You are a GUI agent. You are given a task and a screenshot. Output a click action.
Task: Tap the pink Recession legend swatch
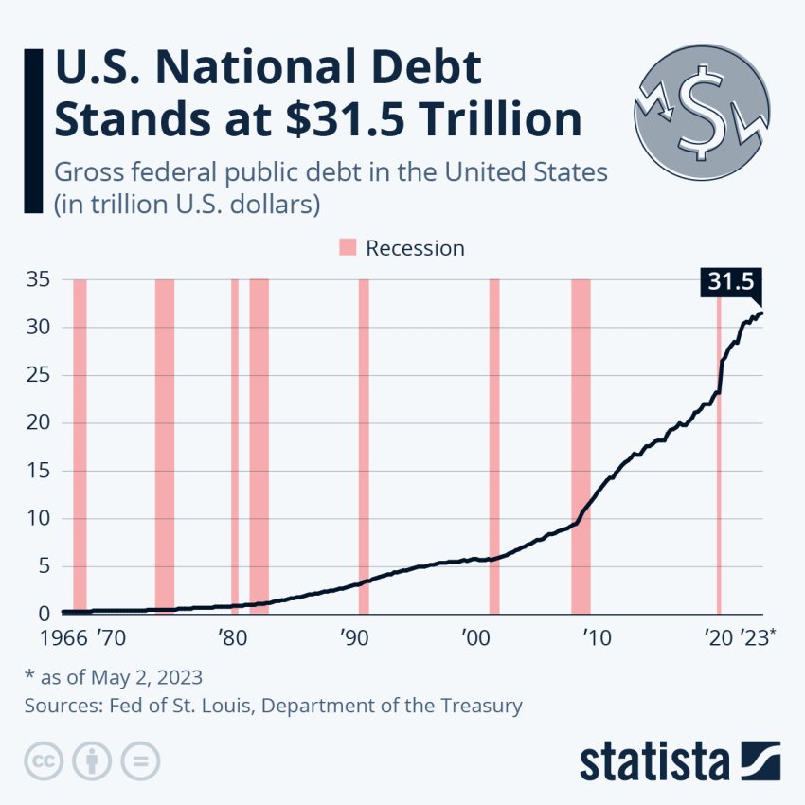coord(348,248)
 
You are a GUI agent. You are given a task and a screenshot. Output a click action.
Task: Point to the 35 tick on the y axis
coord(35,280)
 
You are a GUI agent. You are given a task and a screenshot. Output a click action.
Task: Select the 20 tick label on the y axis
coord(35,423)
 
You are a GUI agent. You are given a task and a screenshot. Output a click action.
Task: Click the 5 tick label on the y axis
coord(42,566)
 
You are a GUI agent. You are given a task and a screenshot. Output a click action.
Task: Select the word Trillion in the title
coord(500,120)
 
